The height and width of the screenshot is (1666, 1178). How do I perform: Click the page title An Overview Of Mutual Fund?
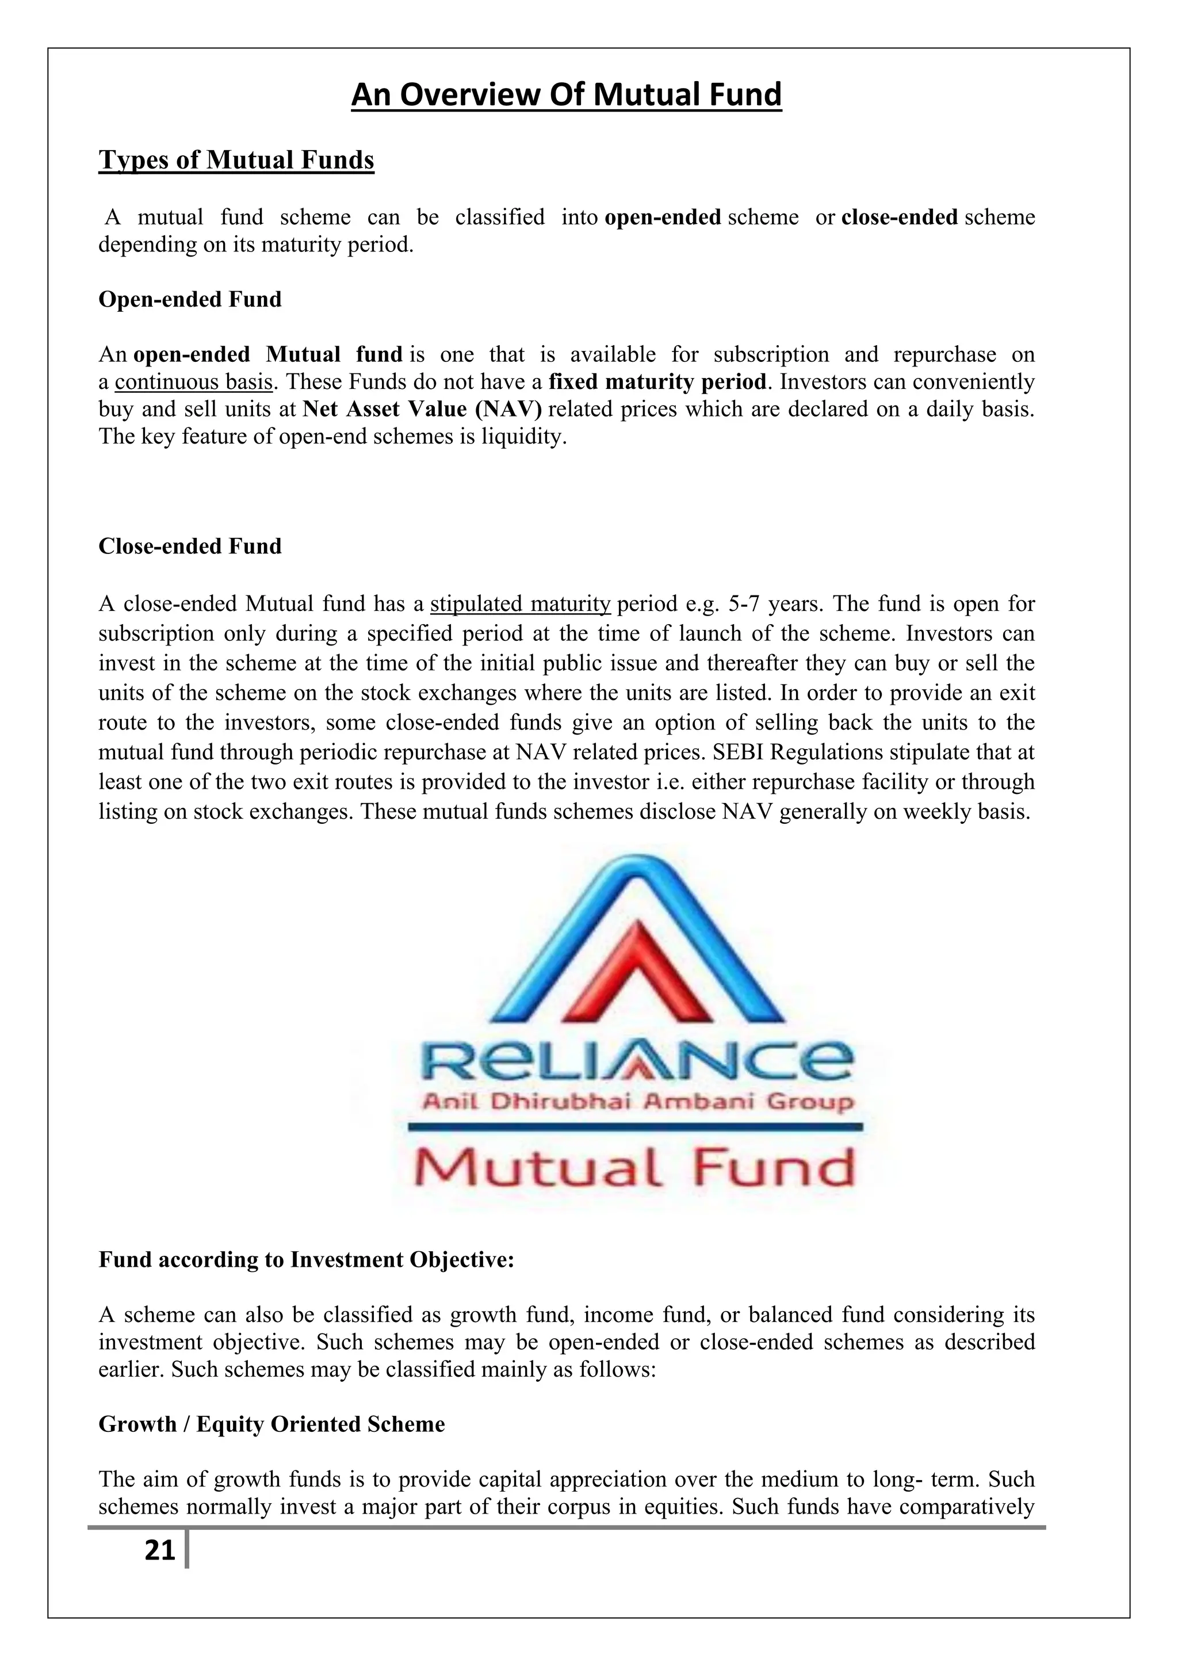[x=566, y=95]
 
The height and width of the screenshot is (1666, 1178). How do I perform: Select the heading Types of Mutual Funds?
[x=236, y=161]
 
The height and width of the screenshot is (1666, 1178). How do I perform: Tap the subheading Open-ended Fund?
[x=190, y=300]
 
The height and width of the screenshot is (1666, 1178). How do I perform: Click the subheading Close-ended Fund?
[x=190, y=547]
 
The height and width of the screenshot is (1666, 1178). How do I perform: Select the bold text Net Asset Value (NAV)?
[x=422, y=410]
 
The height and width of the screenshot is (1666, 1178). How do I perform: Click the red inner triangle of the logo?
[x=638, y=972]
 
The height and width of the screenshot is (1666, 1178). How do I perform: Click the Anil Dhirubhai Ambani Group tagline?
[x=637, y=1102]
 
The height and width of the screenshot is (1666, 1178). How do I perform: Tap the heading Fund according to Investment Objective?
[x=306, y=1260]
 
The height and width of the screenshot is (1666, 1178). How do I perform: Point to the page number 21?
[x=159, y=1550]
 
